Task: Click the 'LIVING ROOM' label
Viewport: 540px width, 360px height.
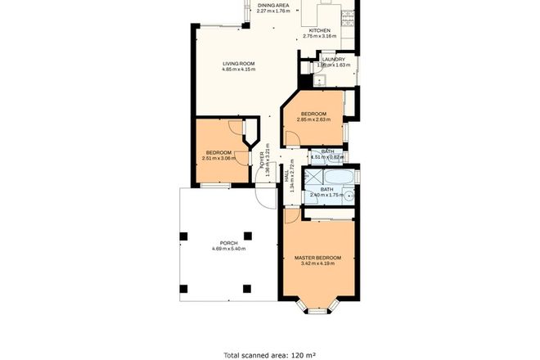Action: [239, 63]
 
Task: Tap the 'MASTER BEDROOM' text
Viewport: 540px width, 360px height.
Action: [318, 258]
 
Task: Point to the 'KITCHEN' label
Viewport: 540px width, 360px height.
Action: [319, 30]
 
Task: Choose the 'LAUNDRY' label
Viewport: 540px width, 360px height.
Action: [333, 59]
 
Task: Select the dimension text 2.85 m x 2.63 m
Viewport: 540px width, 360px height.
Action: [313, 119]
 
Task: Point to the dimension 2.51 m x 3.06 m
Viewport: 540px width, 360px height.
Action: [220, 159]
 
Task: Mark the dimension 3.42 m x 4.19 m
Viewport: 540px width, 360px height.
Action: [318, 263]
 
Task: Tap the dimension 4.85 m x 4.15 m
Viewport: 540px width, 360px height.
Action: [239, 69]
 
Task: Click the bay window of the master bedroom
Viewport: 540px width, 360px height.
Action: [317, 308]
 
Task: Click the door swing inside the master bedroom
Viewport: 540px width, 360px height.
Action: [292, 216]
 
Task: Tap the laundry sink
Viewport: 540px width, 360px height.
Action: [322, 80]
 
